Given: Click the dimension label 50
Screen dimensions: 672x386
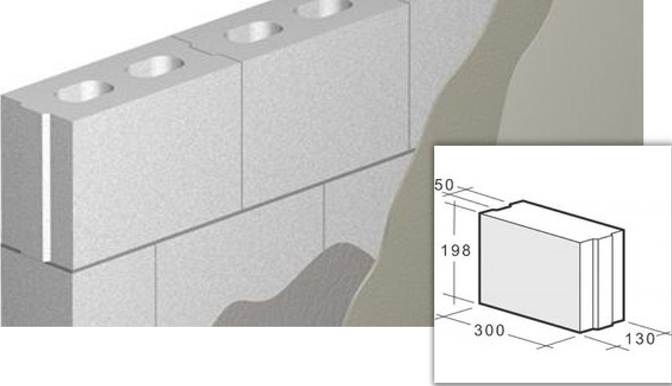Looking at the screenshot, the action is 444,185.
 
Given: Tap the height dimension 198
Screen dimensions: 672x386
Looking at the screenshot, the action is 456,250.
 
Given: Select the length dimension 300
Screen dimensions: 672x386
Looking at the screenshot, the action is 490,330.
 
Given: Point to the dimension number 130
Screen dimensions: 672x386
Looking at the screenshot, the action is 640,339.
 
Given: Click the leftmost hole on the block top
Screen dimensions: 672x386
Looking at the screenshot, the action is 86,90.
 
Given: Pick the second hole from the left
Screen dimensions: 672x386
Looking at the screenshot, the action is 156,66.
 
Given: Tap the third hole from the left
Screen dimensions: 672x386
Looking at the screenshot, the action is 253,32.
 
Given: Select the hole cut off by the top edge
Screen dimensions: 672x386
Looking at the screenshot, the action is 324,8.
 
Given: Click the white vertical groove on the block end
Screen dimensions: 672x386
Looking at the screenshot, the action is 46,188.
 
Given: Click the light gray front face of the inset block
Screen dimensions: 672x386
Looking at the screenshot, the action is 530,272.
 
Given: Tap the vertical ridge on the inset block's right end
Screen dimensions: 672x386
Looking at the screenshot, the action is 595,283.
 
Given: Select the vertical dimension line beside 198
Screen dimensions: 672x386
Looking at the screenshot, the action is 454,252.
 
